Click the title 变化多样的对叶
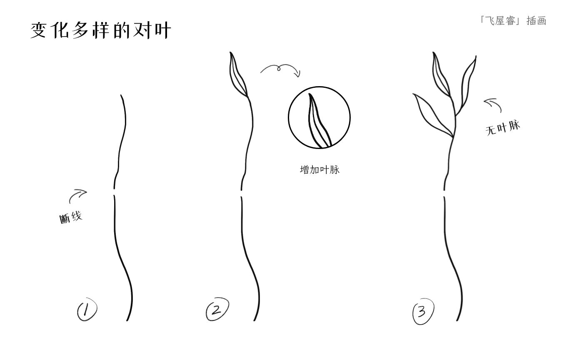point(100,30)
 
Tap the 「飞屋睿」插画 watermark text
point(513,20)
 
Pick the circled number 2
point(217,309)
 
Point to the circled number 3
point(423,311)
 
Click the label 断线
point(71,217)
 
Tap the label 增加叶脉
point(319,169)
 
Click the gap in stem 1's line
point(114,192)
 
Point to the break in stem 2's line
point(241,194)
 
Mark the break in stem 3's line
point(444,194)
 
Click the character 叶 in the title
point(163,31)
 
